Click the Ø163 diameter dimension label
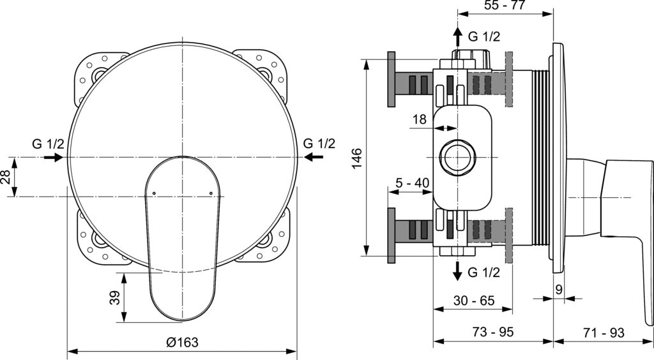(x=182, y=342)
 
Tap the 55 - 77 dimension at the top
(x=505, y=5)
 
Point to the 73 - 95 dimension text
(x=493, y=332)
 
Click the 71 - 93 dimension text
(x=604, y=333)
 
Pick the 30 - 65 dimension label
(x=474, y=300)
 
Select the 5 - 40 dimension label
(x=412, y=183)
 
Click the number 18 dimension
(x=420, y=119)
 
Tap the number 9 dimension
(x=559, y=289)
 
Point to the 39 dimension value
(x=115, y=297)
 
